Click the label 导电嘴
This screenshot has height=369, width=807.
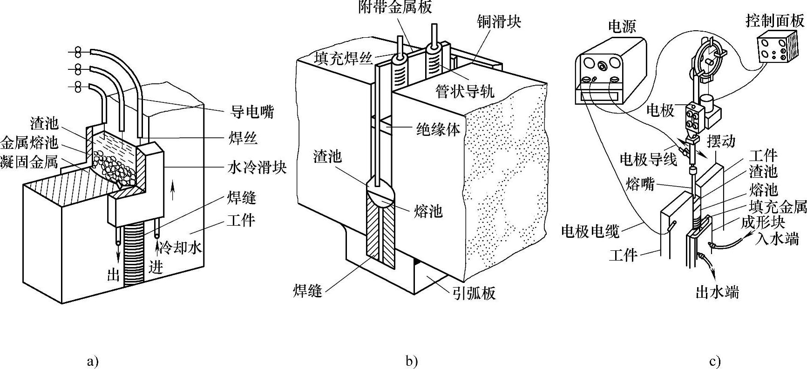pyautogui.click(x=252, y=112)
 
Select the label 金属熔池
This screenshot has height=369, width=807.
pyautogui.click(x=29, y=142)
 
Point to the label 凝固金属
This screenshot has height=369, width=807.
pyautogui.click(x=29, y=162)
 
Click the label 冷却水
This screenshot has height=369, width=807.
pyautogui.click(x=180, y=248)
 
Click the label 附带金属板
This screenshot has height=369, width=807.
pyautogui.click(x=395, y=7)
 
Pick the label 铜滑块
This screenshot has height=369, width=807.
pyautogui.click(x=499, y=21)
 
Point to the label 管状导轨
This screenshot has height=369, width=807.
pyautogui.click(x=465, y=91)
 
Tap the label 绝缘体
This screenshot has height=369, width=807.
pyautogui.click(x=437, y=129)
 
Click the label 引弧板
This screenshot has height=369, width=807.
pyautogui.click(x=474, y=293)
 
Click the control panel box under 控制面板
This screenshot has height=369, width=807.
pyautogui.click(x=773, y=49)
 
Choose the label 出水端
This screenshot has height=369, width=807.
pyautogui.click(x=717, y=292)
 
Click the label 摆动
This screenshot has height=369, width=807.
pyautogui.click(x=721, y=141)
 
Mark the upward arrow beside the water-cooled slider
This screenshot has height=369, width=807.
pyautogui.click(x=173, y=191)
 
